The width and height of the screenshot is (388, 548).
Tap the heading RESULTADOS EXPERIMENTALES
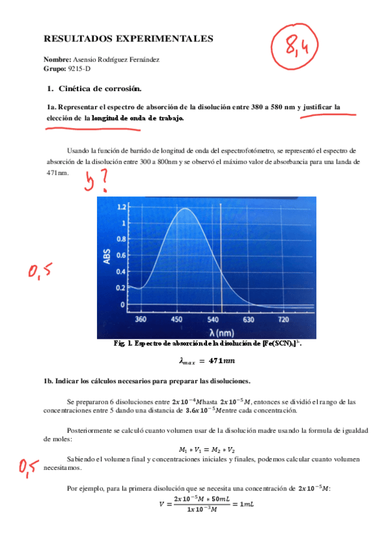click(x=128, y=39)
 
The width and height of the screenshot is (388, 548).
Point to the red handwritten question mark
click(x=104, y=185)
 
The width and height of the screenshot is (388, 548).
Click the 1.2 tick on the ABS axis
click(x=122, y=208)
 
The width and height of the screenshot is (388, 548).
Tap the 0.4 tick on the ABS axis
click(x=122, y=271)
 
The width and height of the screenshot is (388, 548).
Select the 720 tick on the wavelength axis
click(x=283, y=320)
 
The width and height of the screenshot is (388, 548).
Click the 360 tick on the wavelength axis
click(x=140, y=320)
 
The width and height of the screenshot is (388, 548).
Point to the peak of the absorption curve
click(x=186, y=209)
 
